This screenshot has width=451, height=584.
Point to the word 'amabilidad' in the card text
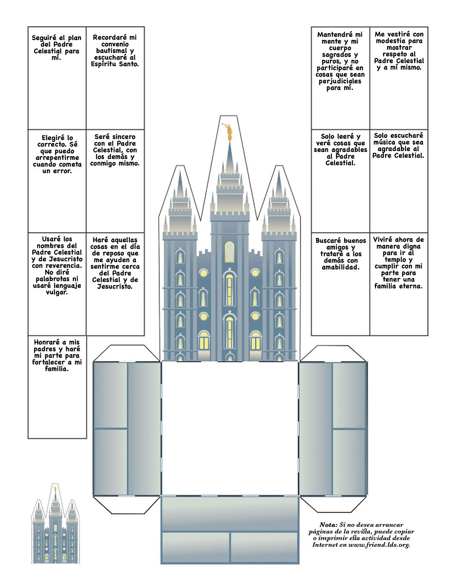point(340,267)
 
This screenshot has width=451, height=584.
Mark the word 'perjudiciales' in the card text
point(340,82)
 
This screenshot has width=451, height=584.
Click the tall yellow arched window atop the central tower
point(229,252)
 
